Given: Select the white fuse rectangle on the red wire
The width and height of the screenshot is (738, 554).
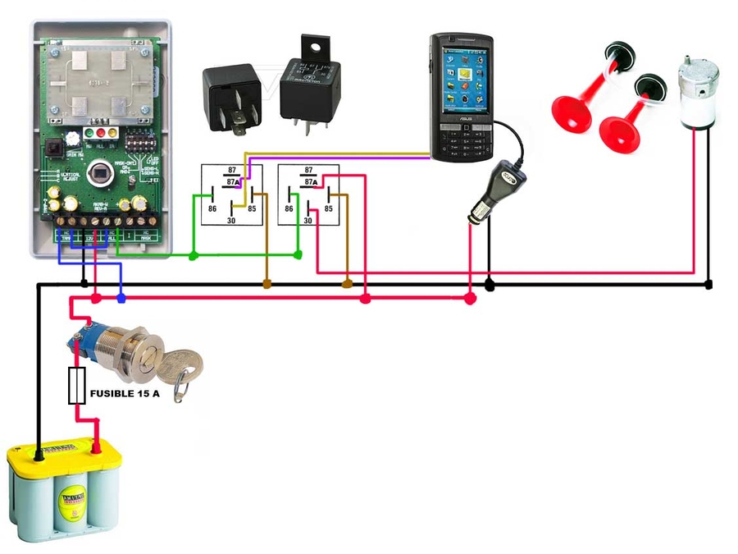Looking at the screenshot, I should (x=77, y=386).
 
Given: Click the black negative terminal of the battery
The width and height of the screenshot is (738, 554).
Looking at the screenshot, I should (x=39, y=451).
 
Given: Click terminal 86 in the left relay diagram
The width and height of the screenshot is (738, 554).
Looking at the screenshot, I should (x=212, y=208).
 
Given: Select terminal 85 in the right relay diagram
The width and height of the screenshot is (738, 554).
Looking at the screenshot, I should (x=329, y=208).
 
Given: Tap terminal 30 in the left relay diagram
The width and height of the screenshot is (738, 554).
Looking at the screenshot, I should (x=231, y=220).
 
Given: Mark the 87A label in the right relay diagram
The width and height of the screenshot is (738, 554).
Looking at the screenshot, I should (x=309, y=181).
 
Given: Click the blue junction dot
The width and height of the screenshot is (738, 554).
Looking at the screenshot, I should (x=121, y=299).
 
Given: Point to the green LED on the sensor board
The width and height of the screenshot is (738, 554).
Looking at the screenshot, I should (x=89, y=131).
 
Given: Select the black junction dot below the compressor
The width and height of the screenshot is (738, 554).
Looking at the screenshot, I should (x=708, y=285).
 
